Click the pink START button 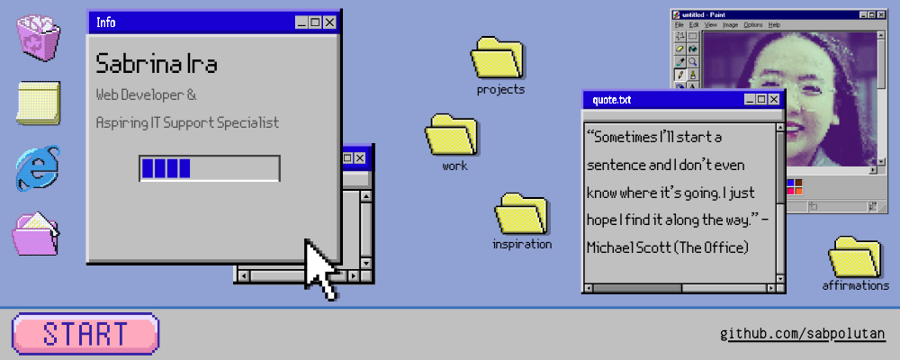(x=85, y=332)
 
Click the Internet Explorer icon (x=38, y=168)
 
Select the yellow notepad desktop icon (x=38, y=103)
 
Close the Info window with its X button (x=328, y=22)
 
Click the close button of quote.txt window (x=774, y=99)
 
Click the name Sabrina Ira (x=157, y=65)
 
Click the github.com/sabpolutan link (x=803, y=335)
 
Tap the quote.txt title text (x=612, y=100)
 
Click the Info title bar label (x=106, y=22)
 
